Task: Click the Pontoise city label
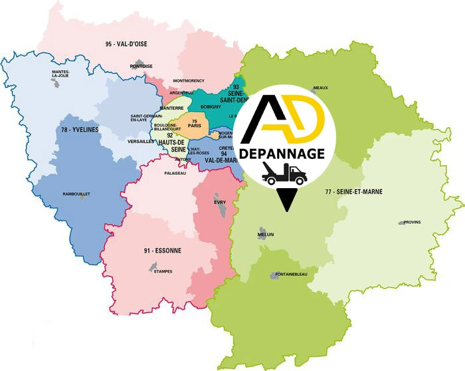coord(141,66)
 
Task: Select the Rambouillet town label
coord(76,193)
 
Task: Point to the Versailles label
coord(140,142)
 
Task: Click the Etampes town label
coord(163,271)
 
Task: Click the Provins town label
coord(412,222)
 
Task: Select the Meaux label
coord(321,87)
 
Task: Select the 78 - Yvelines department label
coord(79,130)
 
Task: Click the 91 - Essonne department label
coord(162,251)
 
